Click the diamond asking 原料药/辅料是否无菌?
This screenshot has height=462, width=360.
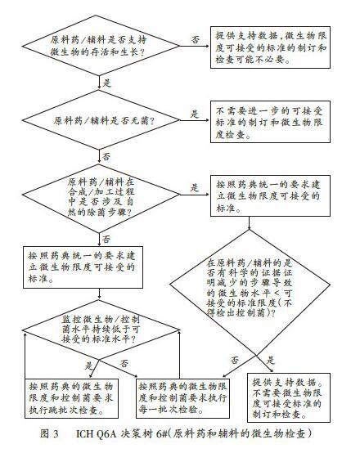[x=101, y=120]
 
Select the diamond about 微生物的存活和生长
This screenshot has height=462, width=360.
[x=101, y=46]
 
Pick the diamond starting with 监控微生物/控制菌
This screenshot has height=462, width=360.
[x=101, y=330]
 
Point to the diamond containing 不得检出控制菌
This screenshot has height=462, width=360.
[x=250, y=285]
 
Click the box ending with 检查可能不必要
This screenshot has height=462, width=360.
[x=270, y=47]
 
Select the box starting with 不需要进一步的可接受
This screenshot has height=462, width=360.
[x=270, y=122]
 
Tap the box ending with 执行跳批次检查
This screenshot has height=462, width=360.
[x=71, y=398]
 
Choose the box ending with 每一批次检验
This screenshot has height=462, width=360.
[x=182, y=398]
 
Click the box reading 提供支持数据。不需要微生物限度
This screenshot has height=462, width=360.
[x=288, y=397]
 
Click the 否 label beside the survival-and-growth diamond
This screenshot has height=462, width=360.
[x=196, y=39]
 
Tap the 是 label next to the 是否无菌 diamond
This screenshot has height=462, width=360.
[x=195, y=114]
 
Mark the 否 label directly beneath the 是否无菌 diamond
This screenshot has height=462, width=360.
[x=106, y=156]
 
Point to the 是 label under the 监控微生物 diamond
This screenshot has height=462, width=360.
[x=88, y=366]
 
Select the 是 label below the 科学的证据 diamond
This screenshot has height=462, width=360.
[x=270, y=360]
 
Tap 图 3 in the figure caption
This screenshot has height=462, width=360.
[x=50, y=433]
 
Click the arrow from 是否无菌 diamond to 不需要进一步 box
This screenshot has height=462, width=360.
[x=195, y=120]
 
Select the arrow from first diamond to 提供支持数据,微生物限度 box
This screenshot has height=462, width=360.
[x=195, y=46]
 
